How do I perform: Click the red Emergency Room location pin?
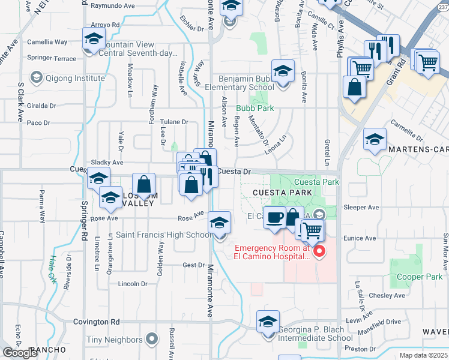pyautogui.click(x=319, y=251)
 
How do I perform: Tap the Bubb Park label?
pyautogui.click(x=255, y=109)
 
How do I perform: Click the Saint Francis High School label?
pyautogui.click(x=163, y=235)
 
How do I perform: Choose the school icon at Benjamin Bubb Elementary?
pyautogui.click(x=283, y=71)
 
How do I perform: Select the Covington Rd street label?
pyautogui.click(x=97, y=322)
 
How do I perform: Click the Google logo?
pyautogui.click(x=20, y=353)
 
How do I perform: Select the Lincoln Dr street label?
pyautogui.click(x=133, y=283)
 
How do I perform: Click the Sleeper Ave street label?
pyautogui.click(x=361, y=207)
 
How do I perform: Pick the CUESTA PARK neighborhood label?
pyautogui.click(x=283, y=192)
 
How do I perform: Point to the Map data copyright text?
pyautogui.click(x=424, y=355)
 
